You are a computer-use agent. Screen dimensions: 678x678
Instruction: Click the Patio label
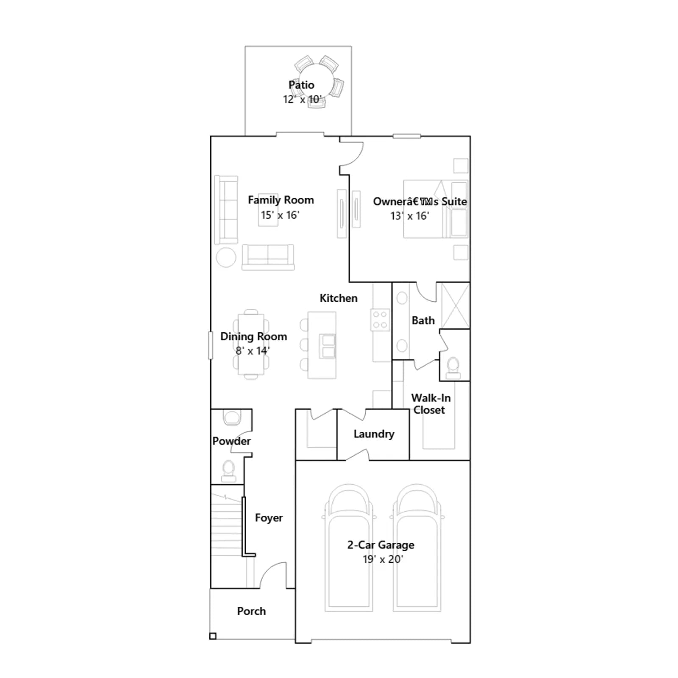301,85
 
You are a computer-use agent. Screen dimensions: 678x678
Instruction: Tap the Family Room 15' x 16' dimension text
280,215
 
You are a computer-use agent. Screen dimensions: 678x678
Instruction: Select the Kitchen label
338,298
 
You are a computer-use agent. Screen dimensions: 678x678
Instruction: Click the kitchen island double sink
328,346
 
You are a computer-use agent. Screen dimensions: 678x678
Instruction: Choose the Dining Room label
253,336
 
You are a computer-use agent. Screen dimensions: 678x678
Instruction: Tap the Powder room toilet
228,471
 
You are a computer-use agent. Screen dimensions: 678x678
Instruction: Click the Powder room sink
231,417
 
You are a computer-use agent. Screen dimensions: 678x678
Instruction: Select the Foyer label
269,518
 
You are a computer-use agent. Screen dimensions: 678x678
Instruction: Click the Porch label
251,611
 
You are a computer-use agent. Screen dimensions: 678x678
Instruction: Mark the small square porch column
213,636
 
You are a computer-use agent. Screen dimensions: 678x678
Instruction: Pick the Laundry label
374,434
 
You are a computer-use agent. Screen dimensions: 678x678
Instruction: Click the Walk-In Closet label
431,404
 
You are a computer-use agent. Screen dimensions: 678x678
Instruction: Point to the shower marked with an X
456,306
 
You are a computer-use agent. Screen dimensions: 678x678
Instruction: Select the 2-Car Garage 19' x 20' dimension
383,559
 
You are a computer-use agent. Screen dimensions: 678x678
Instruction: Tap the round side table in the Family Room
226,257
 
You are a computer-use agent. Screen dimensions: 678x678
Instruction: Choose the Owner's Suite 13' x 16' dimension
409,216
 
